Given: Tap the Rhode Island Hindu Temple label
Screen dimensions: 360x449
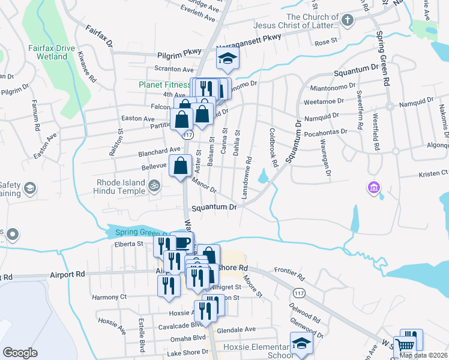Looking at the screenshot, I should (121, 187).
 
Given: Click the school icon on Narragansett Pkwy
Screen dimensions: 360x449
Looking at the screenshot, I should (228, 59).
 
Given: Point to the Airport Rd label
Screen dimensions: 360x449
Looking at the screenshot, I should (67, 274).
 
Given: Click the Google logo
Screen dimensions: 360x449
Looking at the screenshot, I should (20, 353).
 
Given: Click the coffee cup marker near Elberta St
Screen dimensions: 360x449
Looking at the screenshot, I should (182, 242).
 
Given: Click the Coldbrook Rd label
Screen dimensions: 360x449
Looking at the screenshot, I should (273, 148).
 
